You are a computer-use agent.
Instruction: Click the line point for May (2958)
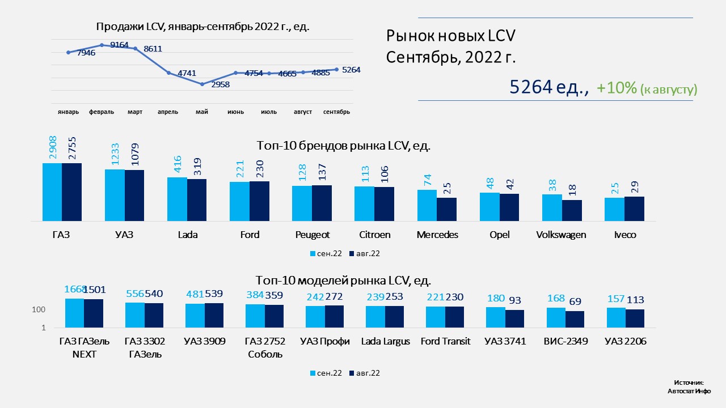202,84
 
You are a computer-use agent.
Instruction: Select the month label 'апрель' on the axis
168,112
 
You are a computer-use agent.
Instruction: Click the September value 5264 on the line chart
352,70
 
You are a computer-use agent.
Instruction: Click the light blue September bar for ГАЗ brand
52,192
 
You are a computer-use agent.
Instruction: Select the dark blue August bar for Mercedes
446,209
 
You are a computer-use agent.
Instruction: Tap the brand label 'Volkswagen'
561,235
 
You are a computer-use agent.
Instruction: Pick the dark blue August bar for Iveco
634,208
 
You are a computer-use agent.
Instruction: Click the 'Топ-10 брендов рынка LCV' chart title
343,145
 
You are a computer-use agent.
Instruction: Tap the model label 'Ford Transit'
445,342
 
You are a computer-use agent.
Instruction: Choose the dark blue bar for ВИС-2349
575,319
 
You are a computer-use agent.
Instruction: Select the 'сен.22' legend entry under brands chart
325,253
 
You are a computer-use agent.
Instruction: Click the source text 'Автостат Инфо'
689,391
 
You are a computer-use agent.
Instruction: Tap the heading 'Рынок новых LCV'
450,36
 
